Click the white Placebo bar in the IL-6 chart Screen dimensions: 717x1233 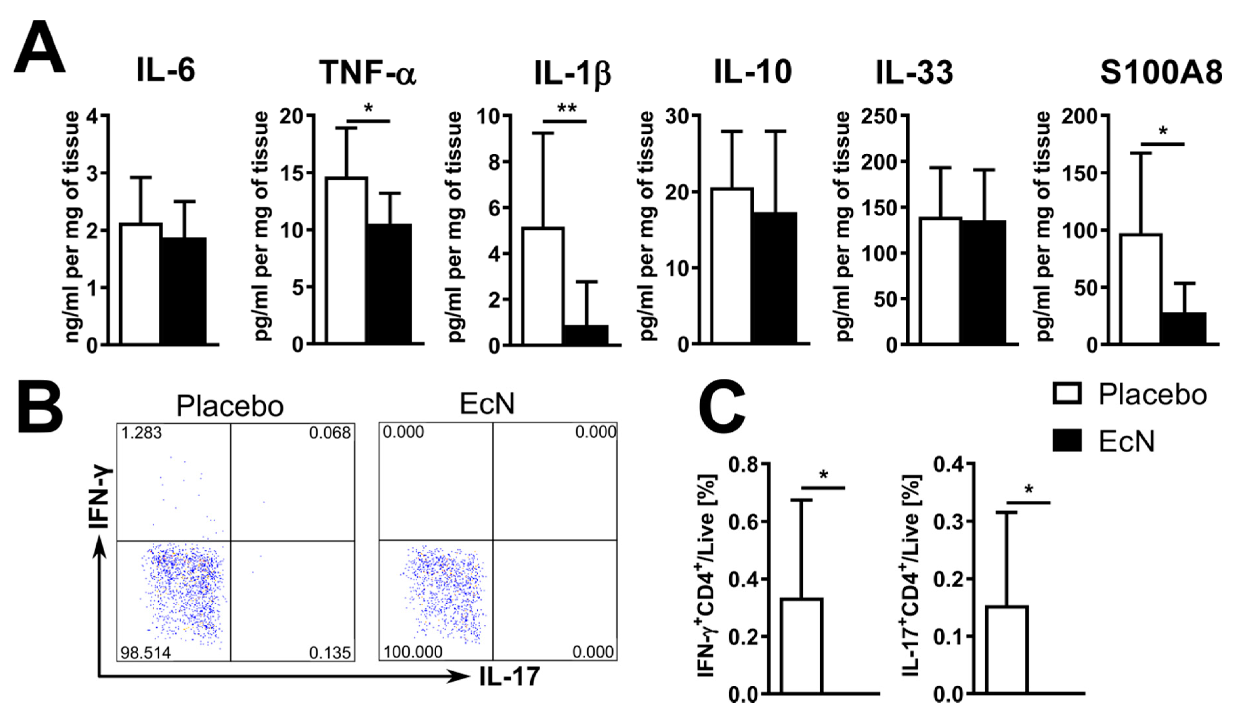click(140, 284)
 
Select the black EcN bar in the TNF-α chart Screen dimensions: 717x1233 click(389, 284)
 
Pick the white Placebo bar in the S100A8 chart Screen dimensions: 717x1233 click(1140, 289)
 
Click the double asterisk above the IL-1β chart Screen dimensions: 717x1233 click(566, 109)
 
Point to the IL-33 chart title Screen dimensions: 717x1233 click(914, 72)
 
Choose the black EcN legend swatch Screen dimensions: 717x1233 click(1067, 440)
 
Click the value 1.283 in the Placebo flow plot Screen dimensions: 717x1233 click(141, 433)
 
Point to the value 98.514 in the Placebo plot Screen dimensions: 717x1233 click(146, 652)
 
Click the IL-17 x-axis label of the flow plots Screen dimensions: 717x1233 click(509, 676)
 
